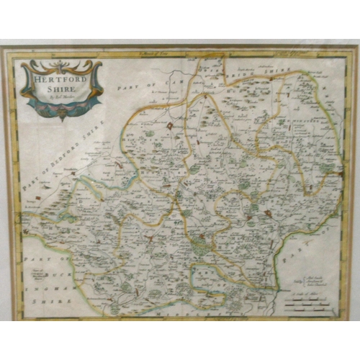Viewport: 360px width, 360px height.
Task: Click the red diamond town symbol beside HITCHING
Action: pyautogui.click(x=170, y=126)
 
